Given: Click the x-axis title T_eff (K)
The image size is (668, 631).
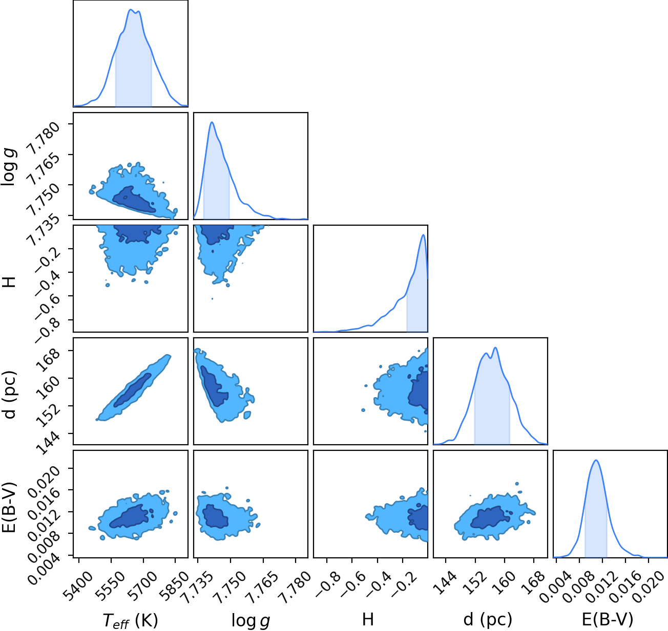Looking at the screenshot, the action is [130, 620].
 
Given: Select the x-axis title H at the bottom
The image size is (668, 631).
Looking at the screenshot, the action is [368, 619].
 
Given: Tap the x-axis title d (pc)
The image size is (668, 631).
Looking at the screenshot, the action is [488, 620].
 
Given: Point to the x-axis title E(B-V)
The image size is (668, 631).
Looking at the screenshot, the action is [608, 620].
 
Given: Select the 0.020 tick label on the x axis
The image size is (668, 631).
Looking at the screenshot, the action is [651, 581].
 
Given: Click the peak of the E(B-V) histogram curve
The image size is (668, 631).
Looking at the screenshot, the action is [596, 460].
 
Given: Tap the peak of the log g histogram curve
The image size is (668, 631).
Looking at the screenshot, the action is [212, 122].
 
